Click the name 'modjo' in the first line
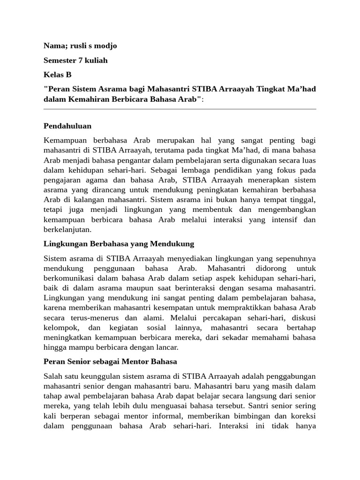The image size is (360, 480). click(105, 46)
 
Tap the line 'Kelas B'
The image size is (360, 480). click(58, 75)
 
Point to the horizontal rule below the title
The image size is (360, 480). click(180, 109)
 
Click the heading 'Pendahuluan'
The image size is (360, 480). click(67, 126)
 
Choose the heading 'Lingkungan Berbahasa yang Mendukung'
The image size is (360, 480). click(119, 244)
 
